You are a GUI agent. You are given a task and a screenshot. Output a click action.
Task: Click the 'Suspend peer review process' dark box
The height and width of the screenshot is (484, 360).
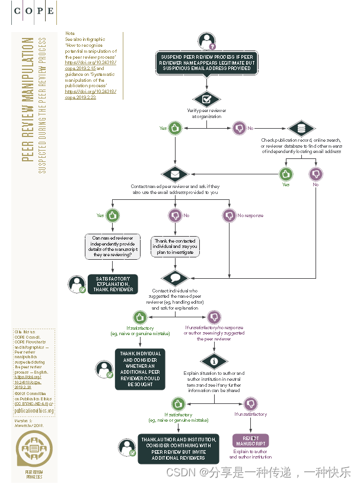(x=207, y=63)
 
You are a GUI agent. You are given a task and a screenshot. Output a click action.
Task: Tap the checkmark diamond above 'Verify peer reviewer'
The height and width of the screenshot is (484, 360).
(x=206, y=99)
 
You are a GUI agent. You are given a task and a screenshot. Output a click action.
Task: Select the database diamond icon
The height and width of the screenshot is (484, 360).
(x=301, y=128)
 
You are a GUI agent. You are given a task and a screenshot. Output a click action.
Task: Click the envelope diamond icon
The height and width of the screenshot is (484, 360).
(x=174, y=174)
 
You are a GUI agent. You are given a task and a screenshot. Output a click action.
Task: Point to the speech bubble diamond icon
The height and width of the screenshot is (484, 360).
(x=174, y=278)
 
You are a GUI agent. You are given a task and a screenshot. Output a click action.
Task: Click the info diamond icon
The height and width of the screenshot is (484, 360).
(x=214, y=361)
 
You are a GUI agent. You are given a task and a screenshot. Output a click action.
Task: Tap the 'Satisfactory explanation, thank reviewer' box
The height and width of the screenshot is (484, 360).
(x=113, y=284)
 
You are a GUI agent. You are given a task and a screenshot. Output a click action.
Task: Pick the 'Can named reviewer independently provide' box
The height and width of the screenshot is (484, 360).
(x=112, y=247)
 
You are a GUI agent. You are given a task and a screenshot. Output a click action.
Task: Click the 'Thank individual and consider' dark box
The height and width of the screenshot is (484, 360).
(x=140, y=368)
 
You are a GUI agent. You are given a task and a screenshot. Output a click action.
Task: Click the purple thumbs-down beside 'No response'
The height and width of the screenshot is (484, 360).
(x=229, y=215)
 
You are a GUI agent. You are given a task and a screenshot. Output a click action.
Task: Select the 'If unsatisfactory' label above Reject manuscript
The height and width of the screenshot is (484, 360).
(x=250, y=415)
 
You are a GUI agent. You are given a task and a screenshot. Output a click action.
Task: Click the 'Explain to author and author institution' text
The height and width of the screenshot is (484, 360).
(x=250, y=454)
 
